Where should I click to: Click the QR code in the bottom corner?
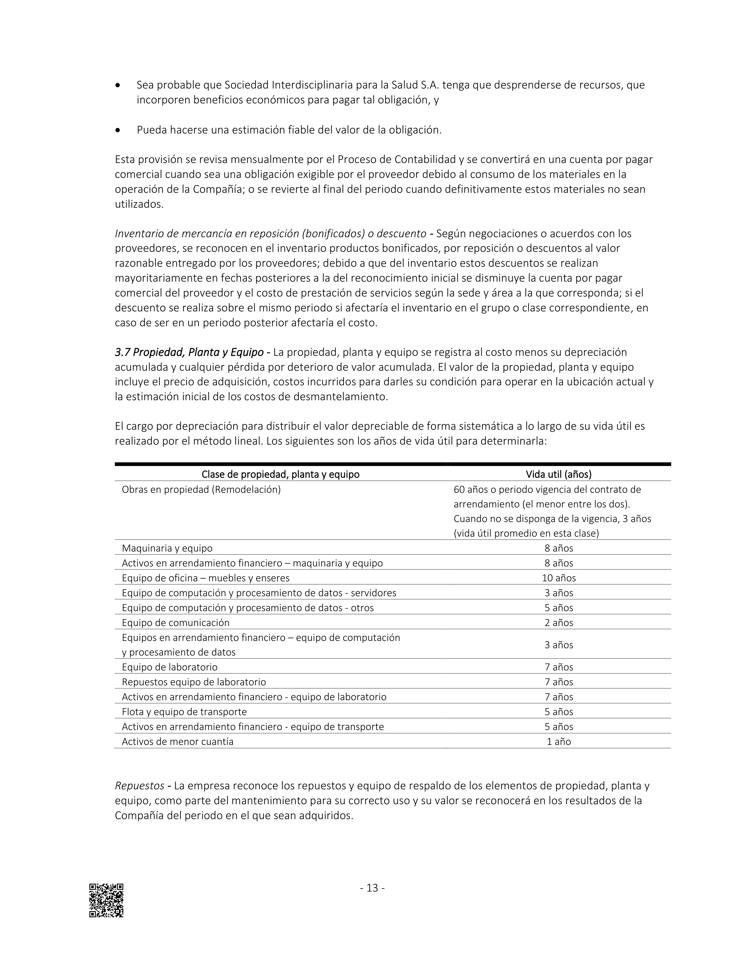[106, 900]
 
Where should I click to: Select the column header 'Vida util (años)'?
[558, 474]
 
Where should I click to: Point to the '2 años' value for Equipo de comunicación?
[559, 622]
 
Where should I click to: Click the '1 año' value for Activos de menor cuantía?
[559, 741]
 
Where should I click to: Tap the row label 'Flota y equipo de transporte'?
[184, 712]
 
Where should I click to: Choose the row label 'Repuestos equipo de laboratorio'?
[194, 682]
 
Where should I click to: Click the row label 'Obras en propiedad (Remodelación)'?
[201, 490]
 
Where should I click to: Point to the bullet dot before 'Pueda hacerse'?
[117, 130]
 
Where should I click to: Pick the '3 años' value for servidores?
[559, 592]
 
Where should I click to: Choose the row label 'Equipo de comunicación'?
[176, 622]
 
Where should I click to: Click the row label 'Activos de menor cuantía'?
[178, 741]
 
